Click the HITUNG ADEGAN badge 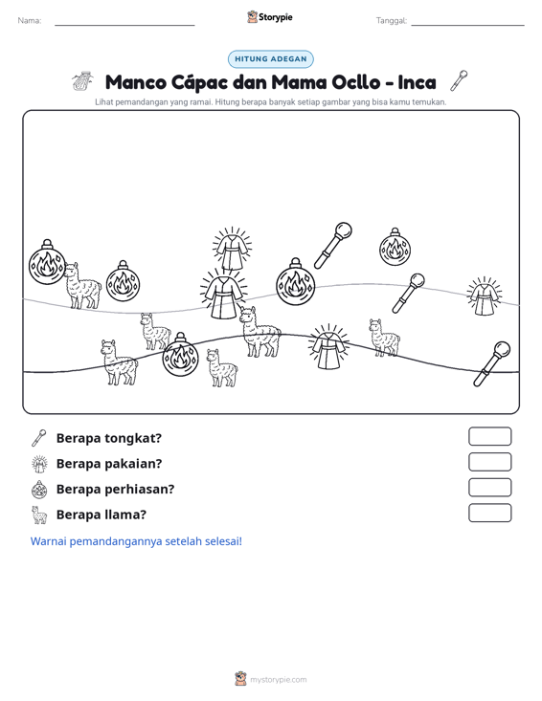270,59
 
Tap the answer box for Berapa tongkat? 489,436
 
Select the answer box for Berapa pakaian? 489,462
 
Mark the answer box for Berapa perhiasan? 489,488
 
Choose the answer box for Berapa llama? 489,513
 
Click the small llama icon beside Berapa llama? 39,515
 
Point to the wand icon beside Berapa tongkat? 39,438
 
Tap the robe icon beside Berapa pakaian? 39,464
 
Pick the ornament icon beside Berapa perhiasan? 39,489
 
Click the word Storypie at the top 275,17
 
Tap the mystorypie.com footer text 278,680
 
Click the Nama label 30,21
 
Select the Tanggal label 392,21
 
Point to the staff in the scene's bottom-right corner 492,364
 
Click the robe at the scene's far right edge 484,296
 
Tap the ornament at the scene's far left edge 47,262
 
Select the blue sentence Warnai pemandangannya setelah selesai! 136,541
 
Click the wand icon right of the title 460,80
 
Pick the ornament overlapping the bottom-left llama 180,355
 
